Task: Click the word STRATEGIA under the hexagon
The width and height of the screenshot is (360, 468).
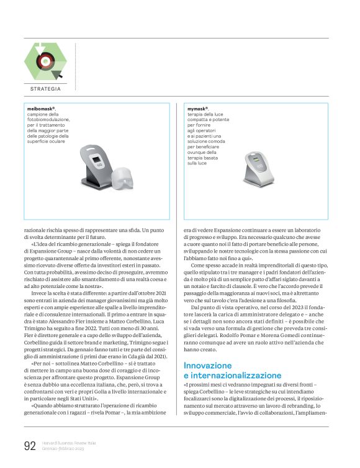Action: pyautogui.click(x=45, y=89)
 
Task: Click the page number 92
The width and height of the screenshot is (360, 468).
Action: pyautogui.click(x=29, y=445)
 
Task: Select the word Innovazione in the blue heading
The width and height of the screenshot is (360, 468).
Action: pyautogui.click(x=209, y=366)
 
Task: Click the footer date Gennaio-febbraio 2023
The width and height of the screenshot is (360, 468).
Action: pyautogui.click(x=63, y=448)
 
